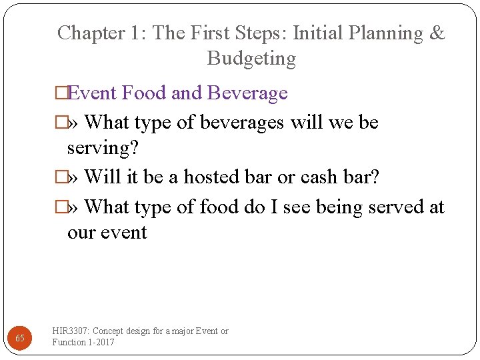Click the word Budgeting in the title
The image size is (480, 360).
tap(251, 59)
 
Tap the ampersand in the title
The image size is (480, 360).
tap(437, 33)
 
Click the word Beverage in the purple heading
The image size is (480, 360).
tap(247, 93)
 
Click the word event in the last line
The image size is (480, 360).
tap(126, 233)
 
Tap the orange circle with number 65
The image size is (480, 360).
tap(20, 338)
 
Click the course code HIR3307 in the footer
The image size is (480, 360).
tap(71, 331)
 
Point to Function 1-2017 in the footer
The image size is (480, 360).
tap(83, 342)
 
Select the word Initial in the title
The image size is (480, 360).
tap(319, 33)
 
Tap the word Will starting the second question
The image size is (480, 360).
tap(100, 177)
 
